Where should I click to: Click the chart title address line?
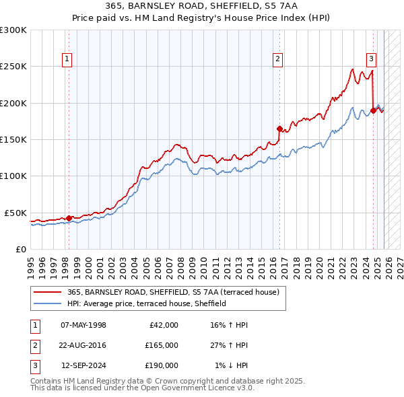(x=202, y=5)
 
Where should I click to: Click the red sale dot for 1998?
(x=69, y=218)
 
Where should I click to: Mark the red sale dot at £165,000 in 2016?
(x=279, y=129)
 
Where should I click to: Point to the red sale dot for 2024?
(x=373, y=110)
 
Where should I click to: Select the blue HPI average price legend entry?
(x=146, y=303)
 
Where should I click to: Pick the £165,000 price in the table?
(x=162, y=345)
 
